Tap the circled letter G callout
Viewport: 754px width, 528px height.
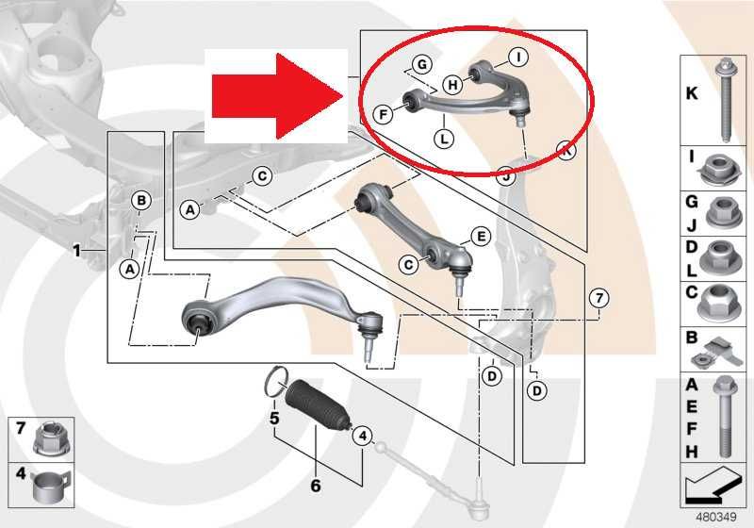coord(421,64)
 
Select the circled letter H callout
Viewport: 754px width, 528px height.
coord(452,85)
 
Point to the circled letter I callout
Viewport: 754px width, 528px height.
coord(518,58)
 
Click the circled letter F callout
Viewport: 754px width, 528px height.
coord(384,114)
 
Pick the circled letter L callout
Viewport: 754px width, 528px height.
coord(444,140)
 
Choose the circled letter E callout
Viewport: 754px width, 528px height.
coord(480,236)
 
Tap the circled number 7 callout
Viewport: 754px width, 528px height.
coord(598,299)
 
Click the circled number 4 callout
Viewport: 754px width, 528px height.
coord(362,437)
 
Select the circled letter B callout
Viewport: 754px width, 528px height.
coord(141,201)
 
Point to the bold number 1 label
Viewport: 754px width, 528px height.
coord(76,251)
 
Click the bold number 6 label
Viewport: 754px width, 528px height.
coord(316,486)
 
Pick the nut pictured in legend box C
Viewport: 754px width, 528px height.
coord(717,302)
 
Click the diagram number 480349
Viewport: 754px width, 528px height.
coord(716,518)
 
